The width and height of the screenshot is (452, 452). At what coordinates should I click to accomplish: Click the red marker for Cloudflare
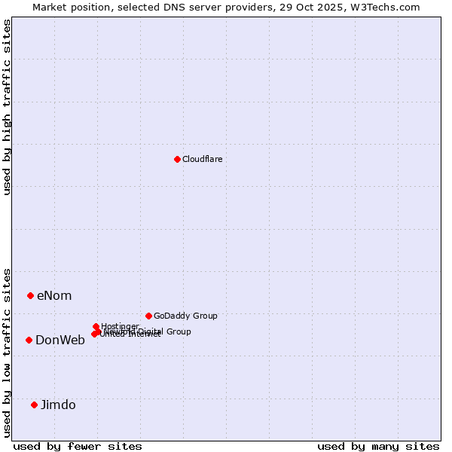coord(177,159)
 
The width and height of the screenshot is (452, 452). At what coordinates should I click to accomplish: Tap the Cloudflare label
coord(202,159)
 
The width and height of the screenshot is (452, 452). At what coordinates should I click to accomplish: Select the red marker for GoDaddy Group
coord(148,316)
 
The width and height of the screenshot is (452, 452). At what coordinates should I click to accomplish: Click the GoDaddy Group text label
coord(185,316)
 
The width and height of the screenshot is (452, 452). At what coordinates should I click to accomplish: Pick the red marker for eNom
coord(30,295)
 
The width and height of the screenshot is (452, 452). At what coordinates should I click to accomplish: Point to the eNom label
coord(54,295)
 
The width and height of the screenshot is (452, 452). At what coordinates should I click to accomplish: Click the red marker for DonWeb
coord(29,340)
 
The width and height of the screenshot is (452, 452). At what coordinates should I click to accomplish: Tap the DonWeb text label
coord(60,340)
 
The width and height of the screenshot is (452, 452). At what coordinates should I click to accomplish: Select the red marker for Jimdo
coord(34,405)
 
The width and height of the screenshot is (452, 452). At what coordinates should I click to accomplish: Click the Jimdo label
coord(58,405)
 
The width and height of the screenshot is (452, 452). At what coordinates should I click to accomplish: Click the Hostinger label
coord(120,326)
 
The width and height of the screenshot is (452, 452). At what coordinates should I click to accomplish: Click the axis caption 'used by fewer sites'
coord(78,446)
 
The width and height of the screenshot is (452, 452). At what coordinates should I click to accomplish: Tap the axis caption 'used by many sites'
coord(378,446)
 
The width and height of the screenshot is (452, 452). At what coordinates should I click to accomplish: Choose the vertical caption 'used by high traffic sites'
coord(7,107)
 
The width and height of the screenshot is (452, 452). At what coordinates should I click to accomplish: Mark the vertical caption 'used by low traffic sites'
coord(7,352)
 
